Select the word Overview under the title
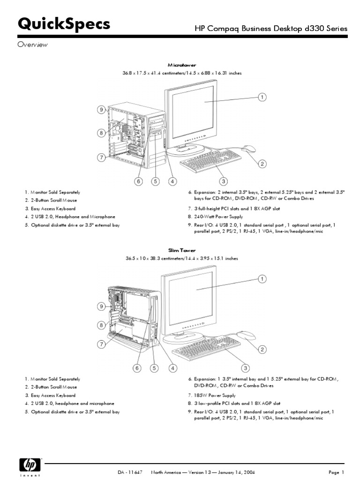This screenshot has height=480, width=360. click(33, 45)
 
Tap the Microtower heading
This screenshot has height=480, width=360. click(182, 65)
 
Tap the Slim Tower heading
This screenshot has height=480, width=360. click(182, 250)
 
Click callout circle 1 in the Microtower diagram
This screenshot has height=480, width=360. click(262, 97)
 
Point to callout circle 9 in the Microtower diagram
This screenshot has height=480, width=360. click(101, 110)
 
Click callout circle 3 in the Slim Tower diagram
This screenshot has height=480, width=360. click(245, 367)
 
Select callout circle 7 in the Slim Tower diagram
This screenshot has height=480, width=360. click(101, 344)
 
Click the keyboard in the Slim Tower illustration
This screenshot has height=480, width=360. click(206, 346)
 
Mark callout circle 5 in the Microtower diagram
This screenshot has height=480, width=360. click(155, 181)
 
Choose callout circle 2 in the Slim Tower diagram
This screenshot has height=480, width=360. click(262, 349)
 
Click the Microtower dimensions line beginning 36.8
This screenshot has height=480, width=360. click(182, 73)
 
